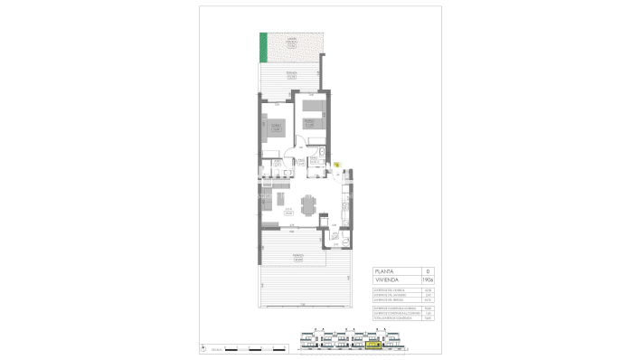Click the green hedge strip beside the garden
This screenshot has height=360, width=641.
[263, 47]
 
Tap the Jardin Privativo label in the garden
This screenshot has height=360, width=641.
[291, 41]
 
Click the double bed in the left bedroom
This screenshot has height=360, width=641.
[276, 128]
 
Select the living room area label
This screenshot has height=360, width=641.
[288, 212]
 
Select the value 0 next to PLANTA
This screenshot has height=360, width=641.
[428, 271]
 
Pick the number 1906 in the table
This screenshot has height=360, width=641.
[428, 280]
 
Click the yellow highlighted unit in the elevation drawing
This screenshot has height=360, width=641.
[372, 344]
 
